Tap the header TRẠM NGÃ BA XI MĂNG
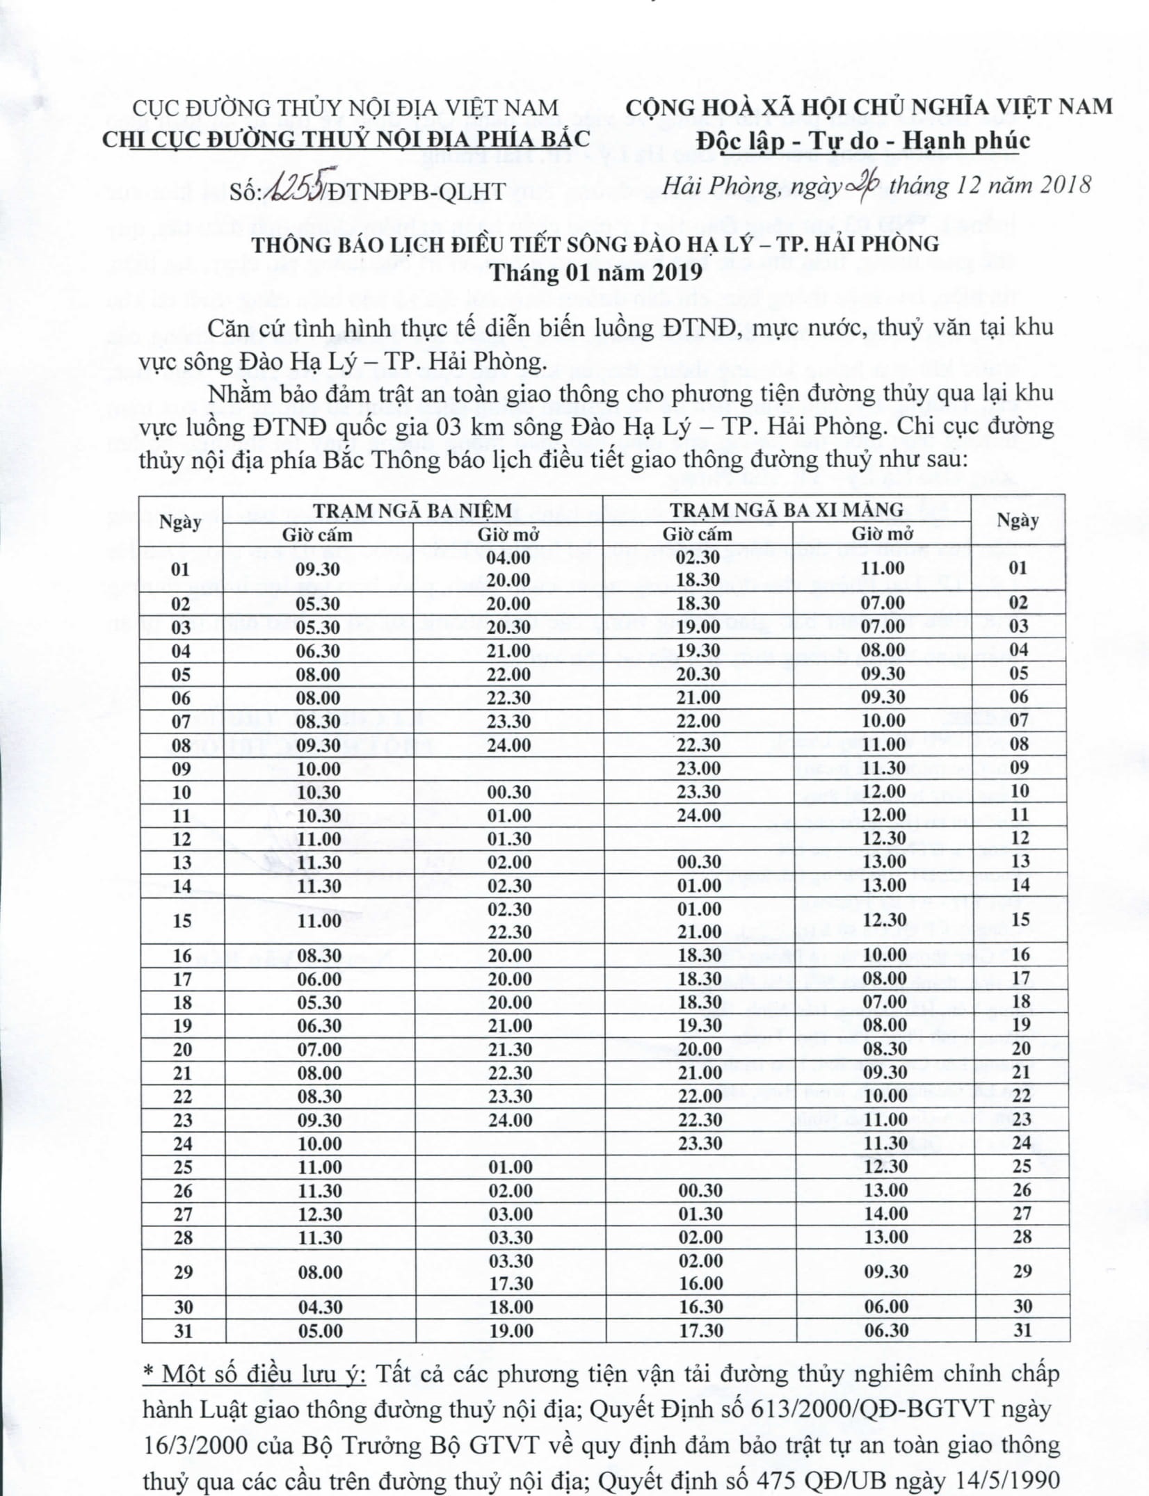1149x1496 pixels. point(787,510)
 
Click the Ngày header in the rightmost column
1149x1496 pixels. point(1018,520)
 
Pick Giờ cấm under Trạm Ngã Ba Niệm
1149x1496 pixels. point(317,534)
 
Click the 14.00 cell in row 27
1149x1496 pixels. point(885,1214)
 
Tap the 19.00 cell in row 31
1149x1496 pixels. point(511,1331)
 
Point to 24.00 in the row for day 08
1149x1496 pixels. point(509,745)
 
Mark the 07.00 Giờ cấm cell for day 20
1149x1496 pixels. point(320,1049)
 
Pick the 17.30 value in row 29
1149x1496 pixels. point(511,1283)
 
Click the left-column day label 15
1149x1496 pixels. point(182,921)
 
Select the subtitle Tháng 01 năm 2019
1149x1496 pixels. point(595,272)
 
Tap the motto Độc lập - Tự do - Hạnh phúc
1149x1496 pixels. point(865,140)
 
